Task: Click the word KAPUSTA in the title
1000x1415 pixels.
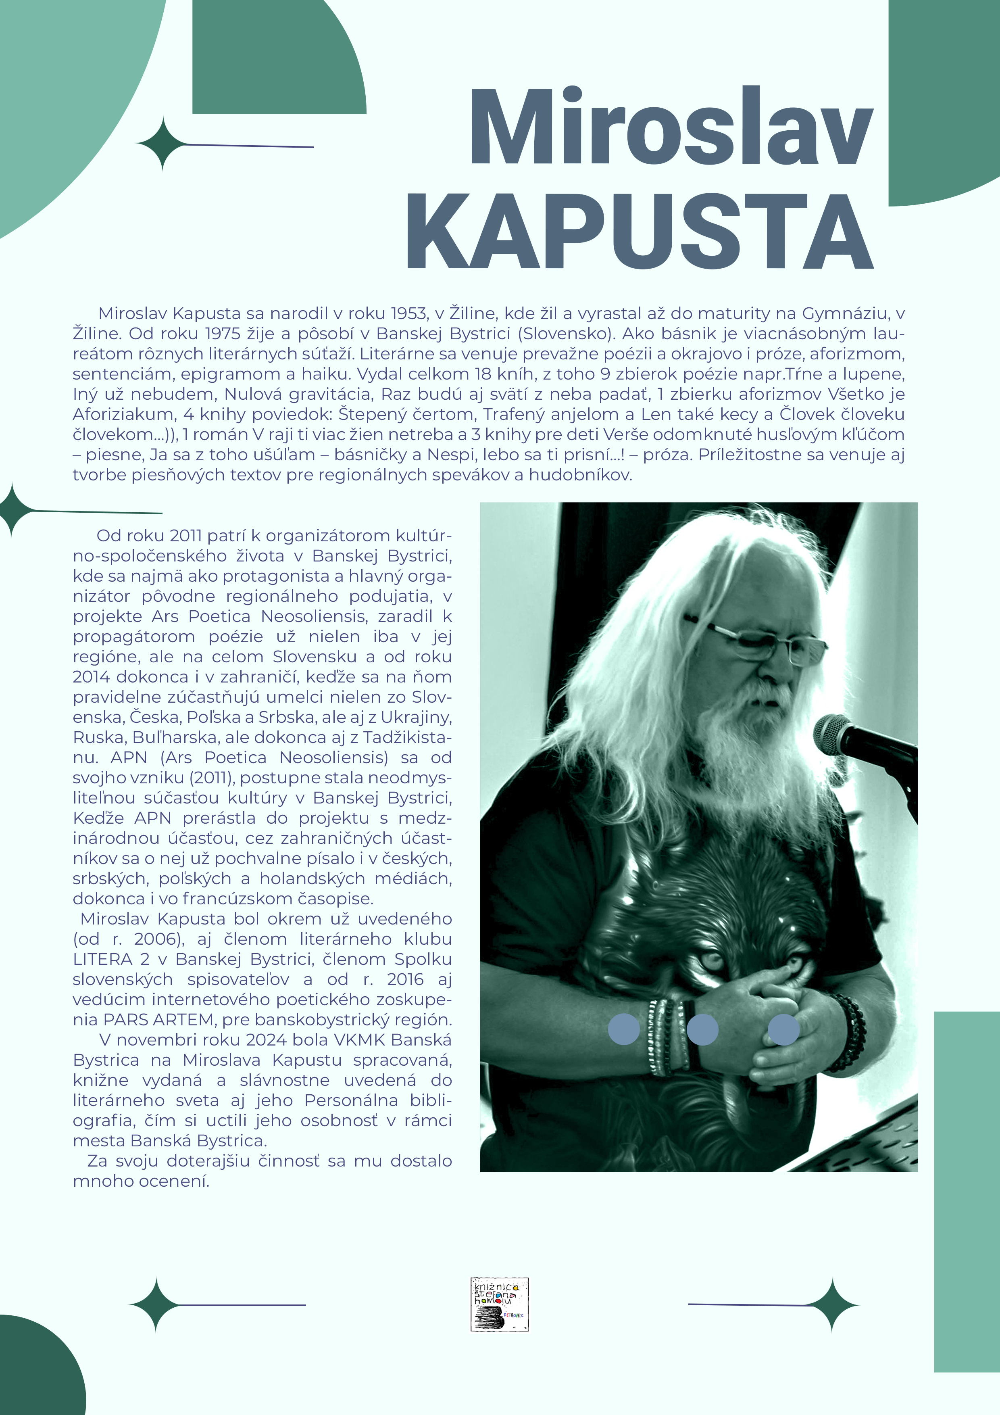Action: tap(640, 232)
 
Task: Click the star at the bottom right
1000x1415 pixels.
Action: tap(832, 1305)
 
